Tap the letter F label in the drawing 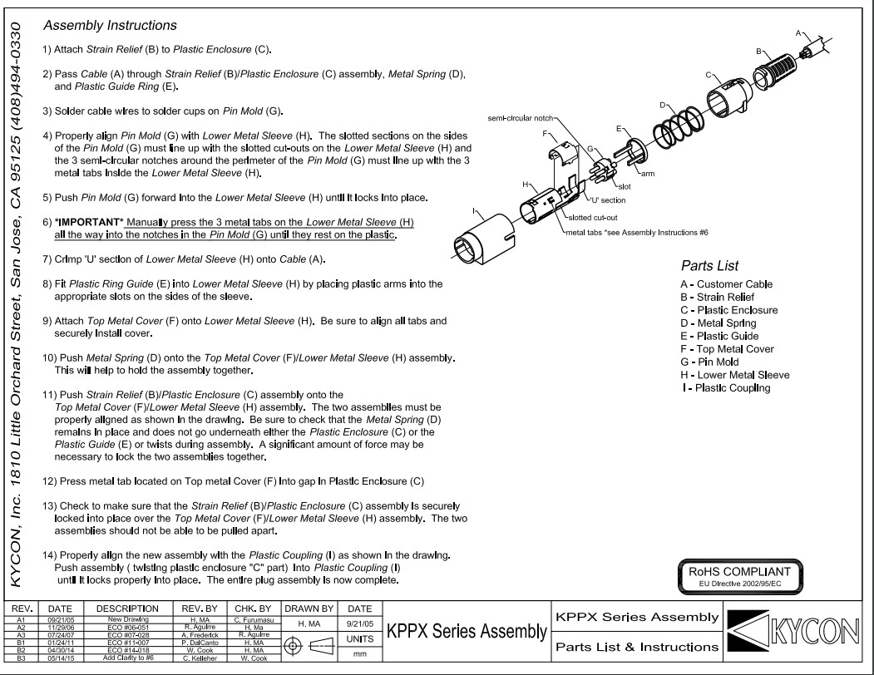(x=544, y=133)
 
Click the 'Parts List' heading (x=709, y=267)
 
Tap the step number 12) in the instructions (x=49, y=481)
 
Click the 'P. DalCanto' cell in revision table (x=193, y=641)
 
